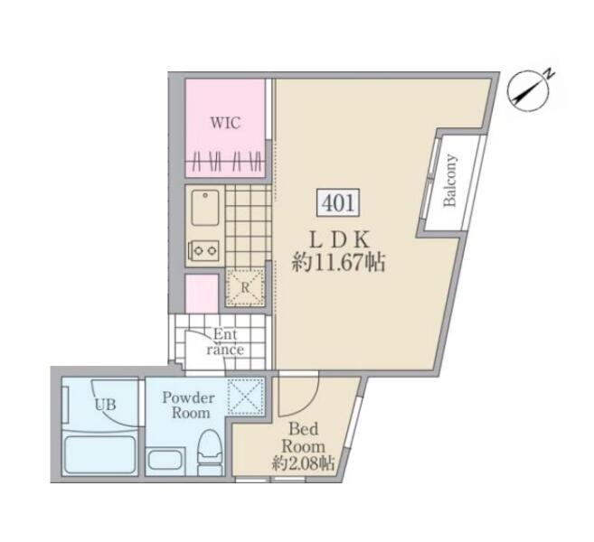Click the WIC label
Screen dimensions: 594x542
click(x=225, y=123)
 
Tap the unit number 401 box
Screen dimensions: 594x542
click(x=338, y=203)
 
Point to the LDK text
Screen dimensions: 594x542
click(x=339, y=239)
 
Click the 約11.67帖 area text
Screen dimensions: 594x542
click(x=338, y=262)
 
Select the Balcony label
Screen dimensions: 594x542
click(x=450, y=180)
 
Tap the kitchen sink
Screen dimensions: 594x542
click(x=205, y=208)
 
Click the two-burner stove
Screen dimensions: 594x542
click(x=203, y=250)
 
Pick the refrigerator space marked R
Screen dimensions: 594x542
click(x=245, y=287)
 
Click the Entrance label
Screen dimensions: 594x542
click(x=225, y=342)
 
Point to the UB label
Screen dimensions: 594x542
click(x=105, y=406)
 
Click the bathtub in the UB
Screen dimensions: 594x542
click(x=100, y=454)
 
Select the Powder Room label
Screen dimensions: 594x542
click(x=189, y=405)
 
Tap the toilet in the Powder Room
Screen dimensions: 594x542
click(x=211, y=453)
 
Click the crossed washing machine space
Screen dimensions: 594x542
click(x=246, y=396)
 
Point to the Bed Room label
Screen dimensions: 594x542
click(x=304, y=438)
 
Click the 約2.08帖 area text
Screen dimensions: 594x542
click(x=304, y=463)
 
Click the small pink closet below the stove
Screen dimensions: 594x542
click(x=202, y=294)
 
